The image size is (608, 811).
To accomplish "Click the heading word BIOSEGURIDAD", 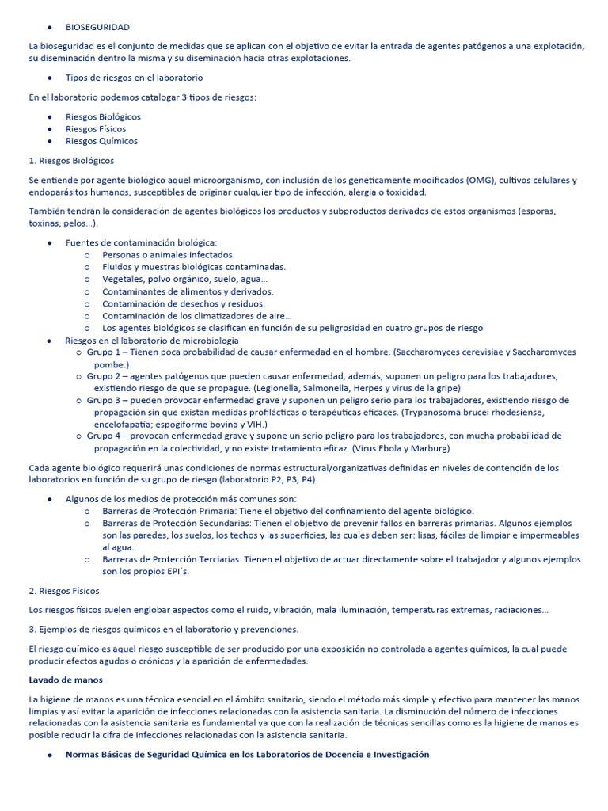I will tap(97, 27).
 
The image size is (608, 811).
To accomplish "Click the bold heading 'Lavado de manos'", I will tap(66, 680).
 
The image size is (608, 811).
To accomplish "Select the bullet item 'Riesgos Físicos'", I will tap(96, 129).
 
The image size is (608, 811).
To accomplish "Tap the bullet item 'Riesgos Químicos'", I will tap(101, 141).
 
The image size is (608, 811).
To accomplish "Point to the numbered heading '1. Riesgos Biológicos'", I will tap(71, 161).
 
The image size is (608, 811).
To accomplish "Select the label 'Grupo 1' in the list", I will tap(103, 352).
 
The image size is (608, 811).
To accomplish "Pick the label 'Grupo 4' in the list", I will tap(103, 436).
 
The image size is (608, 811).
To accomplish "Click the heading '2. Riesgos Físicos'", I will tap(64, 591).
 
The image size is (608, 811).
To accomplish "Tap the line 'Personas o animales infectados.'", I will tap(169, 255).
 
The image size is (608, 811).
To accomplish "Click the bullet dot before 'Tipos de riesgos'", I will tap(50, 78).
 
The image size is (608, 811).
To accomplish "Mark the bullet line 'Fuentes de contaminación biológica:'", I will tap(141, 242).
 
